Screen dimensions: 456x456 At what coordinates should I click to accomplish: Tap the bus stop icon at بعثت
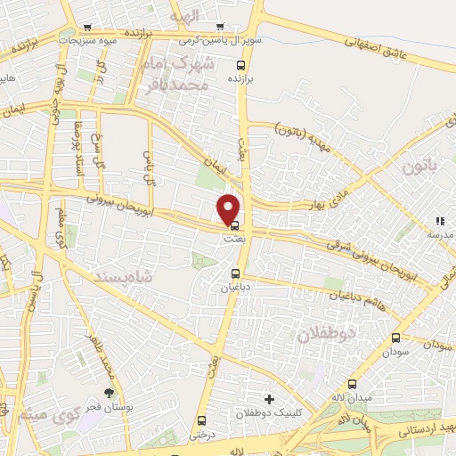click(x=234, y=226)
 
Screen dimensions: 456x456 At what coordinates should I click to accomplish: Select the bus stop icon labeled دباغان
click(x=236, y=273)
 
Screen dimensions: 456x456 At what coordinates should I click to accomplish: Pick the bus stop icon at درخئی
click(x=200, y=421)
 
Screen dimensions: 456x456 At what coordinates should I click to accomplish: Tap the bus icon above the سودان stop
click(x=395, y=338)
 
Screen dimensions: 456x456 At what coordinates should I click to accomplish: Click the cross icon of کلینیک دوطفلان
click(x=269, y=398)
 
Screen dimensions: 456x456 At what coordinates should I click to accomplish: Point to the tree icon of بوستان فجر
click(x=110, y=393)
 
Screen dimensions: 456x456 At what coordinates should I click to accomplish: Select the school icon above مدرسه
click(x=437, y=220)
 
